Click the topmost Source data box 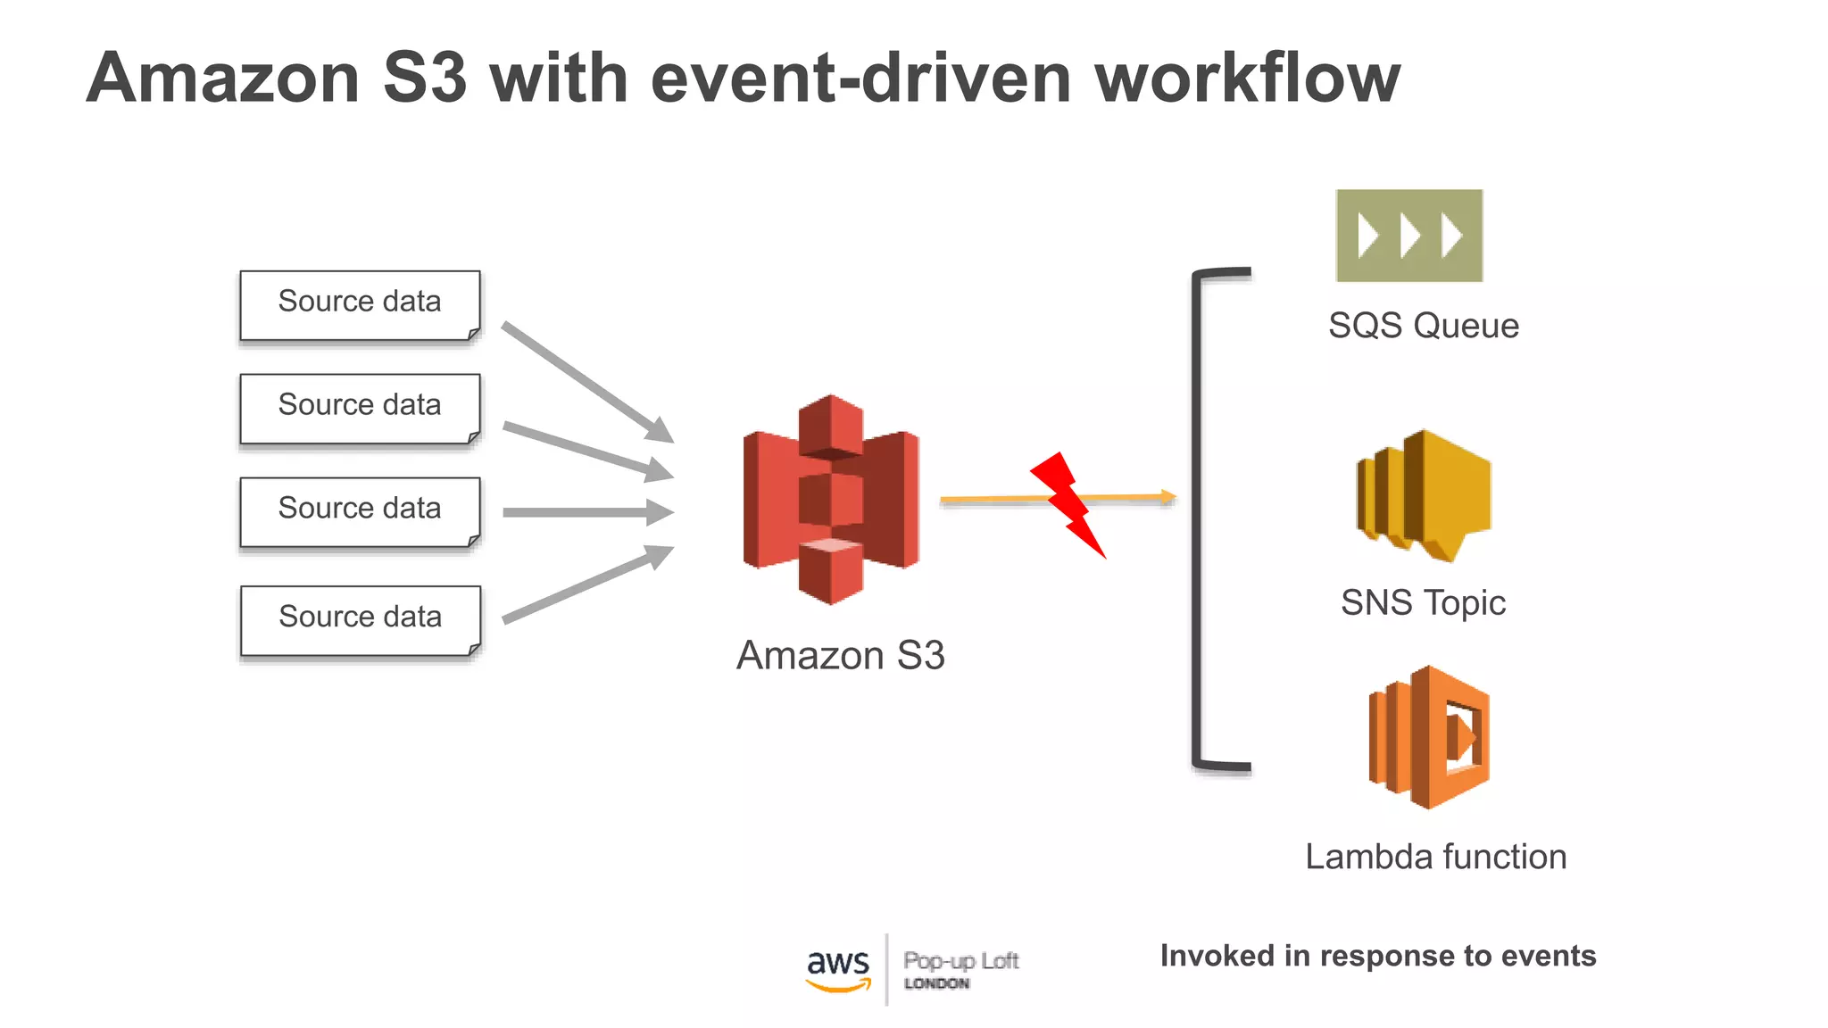360,305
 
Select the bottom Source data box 360,620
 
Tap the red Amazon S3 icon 831,500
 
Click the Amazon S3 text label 840,656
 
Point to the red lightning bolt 1068,503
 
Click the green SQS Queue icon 1408,236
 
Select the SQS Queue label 1423,326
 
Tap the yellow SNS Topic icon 1424,495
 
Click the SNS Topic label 1423,603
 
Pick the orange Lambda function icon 1429,737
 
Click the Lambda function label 1435,858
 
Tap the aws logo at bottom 837,969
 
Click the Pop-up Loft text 960,961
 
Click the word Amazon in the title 223,79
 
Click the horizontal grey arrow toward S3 587,512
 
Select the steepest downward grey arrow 586,381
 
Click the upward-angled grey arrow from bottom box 586,584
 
